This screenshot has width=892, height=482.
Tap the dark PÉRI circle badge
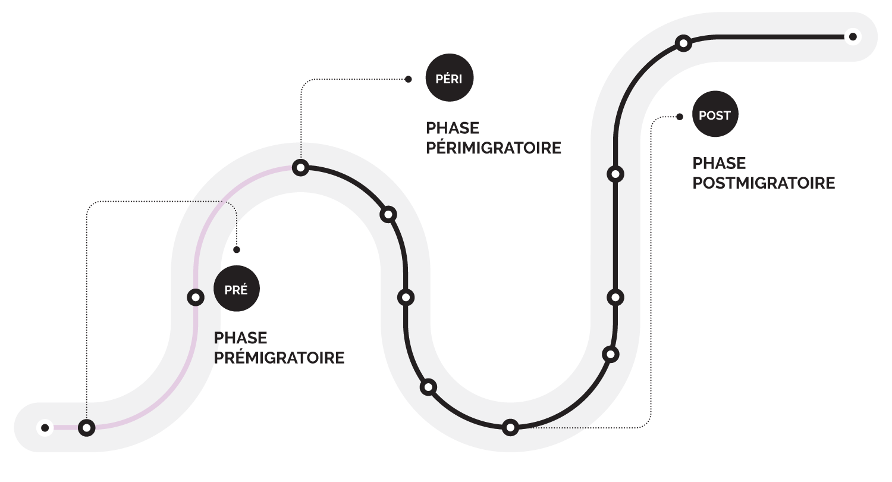click(x=450, y=79)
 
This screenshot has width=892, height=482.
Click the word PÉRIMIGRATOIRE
click(x=494, y=148)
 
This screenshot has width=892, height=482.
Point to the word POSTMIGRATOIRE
click(x=764, y=183)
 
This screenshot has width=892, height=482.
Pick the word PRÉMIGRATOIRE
click(x=279, y=358)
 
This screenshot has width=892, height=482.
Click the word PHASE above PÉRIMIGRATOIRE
click(x=453, y=129)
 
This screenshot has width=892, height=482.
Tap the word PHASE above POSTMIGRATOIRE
click(x=719, y=164)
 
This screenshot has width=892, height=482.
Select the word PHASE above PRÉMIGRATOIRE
click(x=240, y=338)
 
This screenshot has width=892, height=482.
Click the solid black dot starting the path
click(x=45, y=427)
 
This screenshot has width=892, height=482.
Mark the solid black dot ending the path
click(x=853, y=37)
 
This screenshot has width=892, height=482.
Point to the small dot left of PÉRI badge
click(x=408, y=79)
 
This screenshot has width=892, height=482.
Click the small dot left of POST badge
click(x=679, y=117)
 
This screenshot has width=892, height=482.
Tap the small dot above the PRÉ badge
click(x=237, y=250)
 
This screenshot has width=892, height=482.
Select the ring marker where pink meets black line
click(x=301, y=168)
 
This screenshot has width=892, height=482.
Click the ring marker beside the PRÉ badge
click(x=195, y=298)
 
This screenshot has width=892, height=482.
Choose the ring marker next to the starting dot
click(x=87, y=427)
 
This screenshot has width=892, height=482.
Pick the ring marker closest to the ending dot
click(x=683, y=43)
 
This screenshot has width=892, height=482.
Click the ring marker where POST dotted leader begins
click(x=510, y=427)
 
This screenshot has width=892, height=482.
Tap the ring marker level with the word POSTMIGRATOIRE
click(x=615, y=174)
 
